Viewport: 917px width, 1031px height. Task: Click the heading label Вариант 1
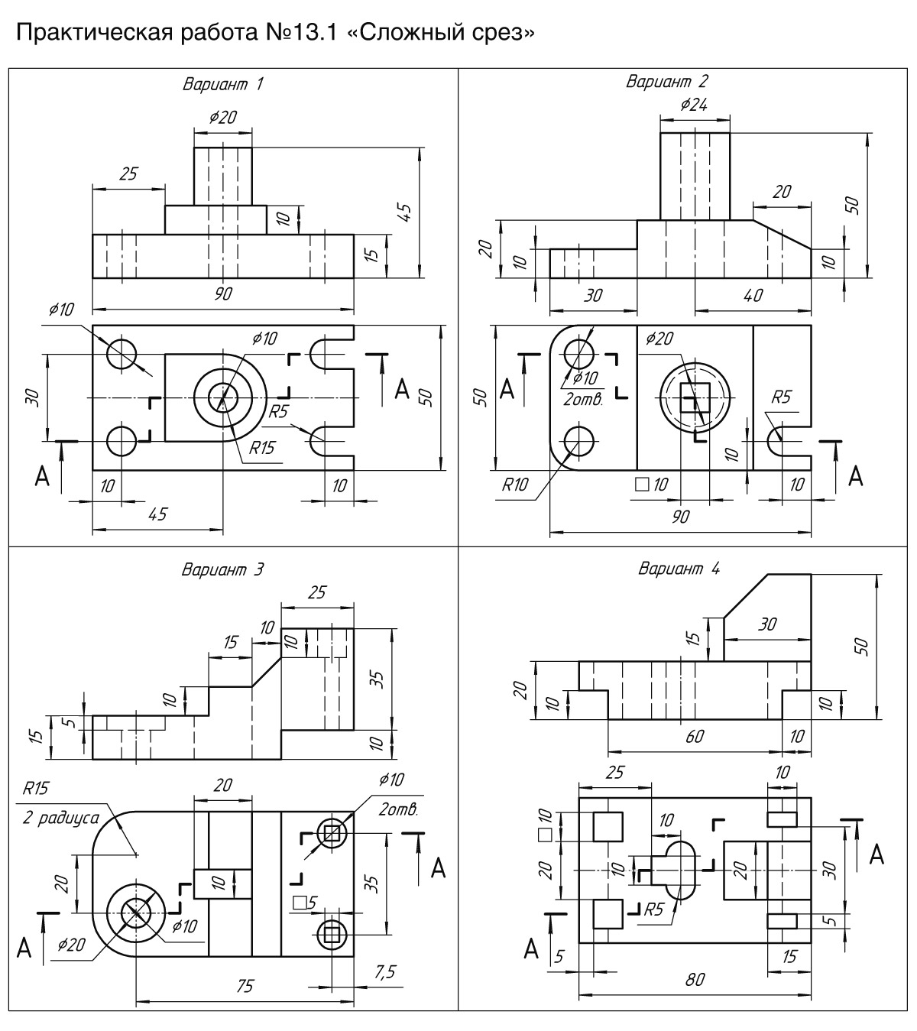(x=223, y=84)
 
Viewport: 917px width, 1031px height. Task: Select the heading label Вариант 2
(x=666, y=82)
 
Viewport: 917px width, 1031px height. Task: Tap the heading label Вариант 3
(x=223, y=569)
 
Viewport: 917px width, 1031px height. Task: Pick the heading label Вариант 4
(x=679, y=569)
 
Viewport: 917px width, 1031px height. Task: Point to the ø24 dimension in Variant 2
(x=694, y=105)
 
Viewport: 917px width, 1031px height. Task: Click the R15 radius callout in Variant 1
(x=261, y=448)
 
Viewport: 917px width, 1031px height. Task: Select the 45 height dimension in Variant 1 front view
(x=406, y=212)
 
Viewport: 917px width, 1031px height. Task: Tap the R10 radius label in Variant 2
(x=515, y=485)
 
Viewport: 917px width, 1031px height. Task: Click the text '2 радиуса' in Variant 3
(x=61, y=818)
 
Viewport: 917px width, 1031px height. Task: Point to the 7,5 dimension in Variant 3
(x=384, y=971)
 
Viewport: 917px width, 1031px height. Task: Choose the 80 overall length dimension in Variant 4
(x=695, y=980)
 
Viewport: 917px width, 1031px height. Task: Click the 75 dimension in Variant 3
(x=245, y=986)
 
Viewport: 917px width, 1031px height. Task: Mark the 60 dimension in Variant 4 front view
(x=695, y=736)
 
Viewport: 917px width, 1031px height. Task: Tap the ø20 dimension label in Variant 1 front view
(x=223, y=118)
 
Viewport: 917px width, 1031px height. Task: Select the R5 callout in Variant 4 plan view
(x=653, y=909)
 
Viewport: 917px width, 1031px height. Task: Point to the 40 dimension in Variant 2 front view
(x=753, y=295)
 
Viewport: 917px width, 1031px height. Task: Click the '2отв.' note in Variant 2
(x=583, y=399)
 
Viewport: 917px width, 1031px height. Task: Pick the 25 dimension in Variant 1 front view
(x=128, y=174)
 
